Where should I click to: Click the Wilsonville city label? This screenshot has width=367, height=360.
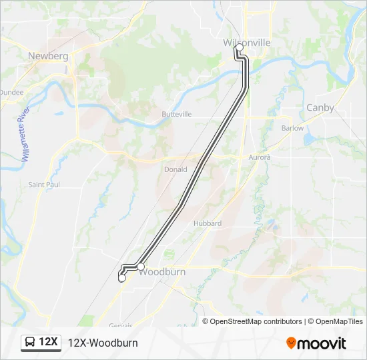(x=247, y=42)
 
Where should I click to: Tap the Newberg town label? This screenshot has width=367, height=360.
(x=48, y=57)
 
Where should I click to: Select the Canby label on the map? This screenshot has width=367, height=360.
(x=320, y=107)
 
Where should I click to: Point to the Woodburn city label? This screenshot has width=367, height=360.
(x=163, y=273)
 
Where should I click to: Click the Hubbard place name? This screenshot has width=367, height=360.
(x=207, y=223)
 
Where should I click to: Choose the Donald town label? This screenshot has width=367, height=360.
(x=175, y=169)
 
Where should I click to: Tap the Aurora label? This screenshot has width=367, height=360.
(x=260, y=157)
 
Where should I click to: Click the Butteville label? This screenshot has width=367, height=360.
(x=176, y=114)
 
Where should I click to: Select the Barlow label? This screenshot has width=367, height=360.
(x=292, y=128)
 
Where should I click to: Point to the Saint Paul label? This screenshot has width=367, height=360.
(x=44, y=185)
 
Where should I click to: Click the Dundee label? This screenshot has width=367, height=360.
(x=11, y=92)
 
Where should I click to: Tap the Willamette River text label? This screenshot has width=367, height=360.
(x=22, y=133)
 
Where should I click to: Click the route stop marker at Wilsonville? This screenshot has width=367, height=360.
(x=239, y=48)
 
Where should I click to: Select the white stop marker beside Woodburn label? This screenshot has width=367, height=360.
(x=141, y=267)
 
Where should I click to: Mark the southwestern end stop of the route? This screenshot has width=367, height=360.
(x=121, y=279)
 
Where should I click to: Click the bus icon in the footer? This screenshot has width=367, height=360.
(x=31, y=343)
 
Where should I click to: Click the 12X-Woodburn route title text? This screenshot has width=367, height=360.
(x=103, y=343)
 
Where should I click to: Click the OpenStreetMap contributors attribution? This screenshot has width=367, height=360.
(x=256, y=321)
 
